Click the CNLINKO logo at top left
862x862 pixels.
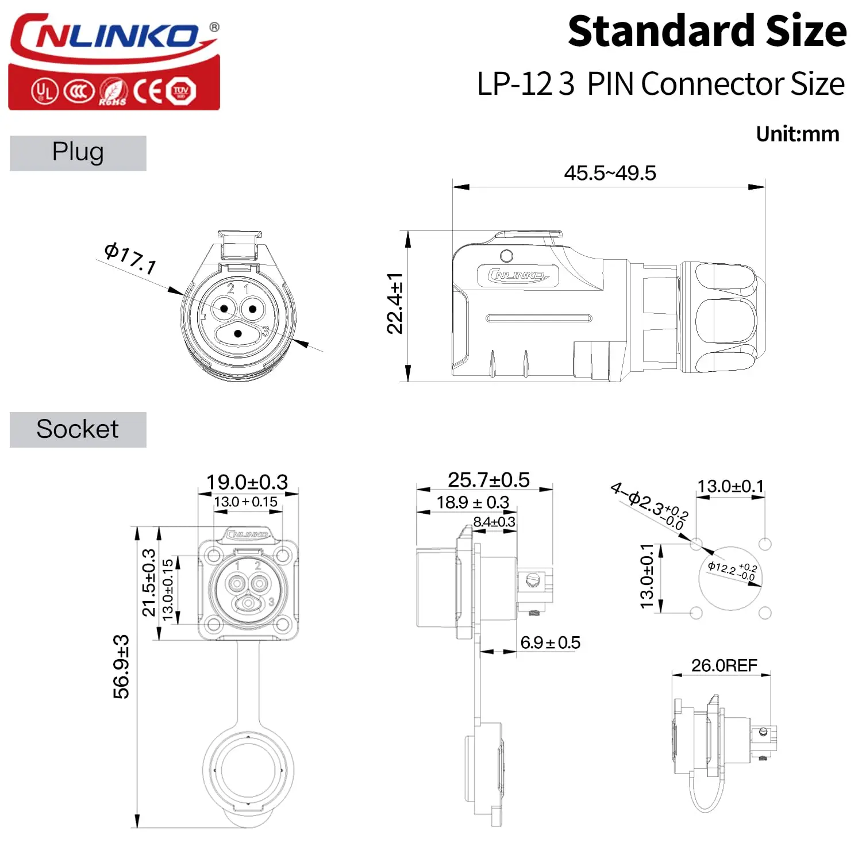(114, 61)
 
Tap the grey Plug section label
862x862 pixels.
(78, 153)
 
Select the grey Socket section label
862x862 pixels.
(78, 429)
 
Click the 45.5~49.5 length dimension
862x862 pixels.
(610, 173)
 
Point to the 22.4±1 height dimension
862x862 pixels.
(395, 303)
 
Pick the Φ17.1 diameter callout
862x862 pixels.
(130, 258)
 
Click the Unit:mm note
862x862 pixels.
(798, 134)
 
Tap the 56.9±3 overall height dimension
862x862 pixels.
(121, 667)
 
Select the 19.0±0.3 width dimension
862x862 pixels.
(247, 482)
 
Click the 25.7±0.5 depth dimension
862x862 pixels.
(488, 479)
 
